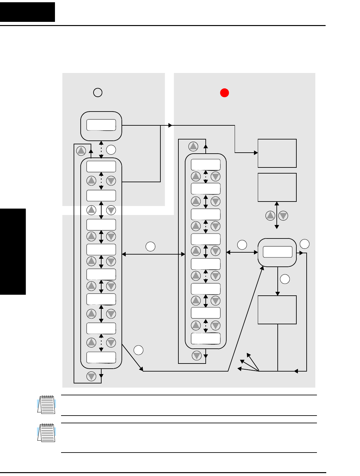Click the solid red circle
[224, 93]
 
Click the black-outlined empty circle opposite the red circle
[98, 93]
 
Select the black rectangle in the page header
[27, 12]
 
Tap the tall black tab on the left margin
[13, 252]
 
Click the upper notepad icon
[47, 404]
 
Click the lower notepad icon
[47, 433]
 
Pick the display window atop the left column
[101, 125]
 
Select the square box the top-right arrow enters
[277, 153]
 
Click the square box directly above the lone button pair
[277, 187]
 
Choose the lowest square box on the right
[277, 310]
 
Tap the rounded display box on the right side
[277, 252]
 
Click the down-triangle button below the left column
[91, 376]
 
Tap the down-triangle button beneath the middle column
[197, 355]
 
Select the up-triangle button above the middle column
[193, 147]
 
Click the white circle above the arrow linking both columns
[150, 247]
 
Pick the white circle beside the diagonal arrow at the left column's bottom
[139, 350]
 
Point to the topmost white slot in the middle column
[206, 165]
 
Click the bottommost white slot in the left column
[101, 357]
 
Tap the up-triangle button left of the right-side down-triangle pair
[271, 216]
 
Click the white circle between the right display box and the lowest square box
[285, 279]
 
